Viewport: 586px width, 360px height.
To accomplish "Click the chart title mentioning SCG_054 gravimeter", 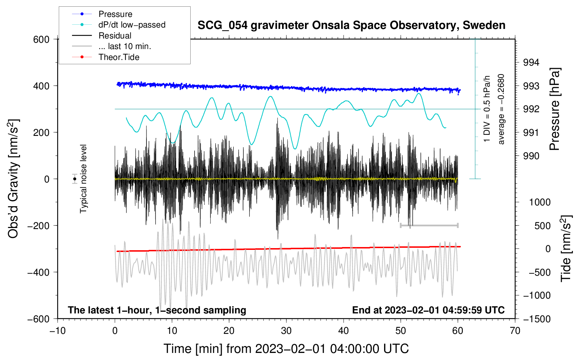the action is (x=351, y=25).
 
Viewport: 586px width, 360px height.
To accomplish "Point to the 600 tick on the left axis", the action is (x=41, y=40).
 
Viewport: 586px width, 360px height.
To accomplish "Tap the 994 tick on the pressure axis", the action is (x=531, y=62).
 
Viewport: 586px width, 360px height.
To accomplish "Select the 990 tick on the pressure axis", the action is (x=531, y=156).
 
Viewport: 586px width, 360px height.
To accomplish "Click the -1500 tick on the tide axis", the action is (x=537, y=319).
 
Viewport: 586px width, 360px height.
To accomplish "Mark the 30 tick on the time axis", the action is (x=286, y=331).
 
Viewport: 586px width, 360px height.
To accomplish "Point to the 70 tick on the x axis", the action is (x=515, y=331).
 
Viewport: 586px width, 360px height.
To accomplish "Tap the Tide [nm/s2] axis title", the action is (x=566, y=248).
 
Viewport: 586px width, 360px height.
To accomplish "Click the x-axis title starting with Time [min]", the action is (x=286, y=349).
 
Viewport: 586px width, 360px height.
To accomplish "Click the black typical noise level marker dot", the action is (x=74, y=179).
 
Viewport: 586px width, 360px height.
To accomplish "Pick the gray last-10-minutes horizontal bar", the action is (x=429, y=225).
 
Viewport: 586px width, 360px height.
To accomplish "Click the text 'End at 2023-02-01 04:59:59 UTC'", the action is (x=428, y=310).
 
